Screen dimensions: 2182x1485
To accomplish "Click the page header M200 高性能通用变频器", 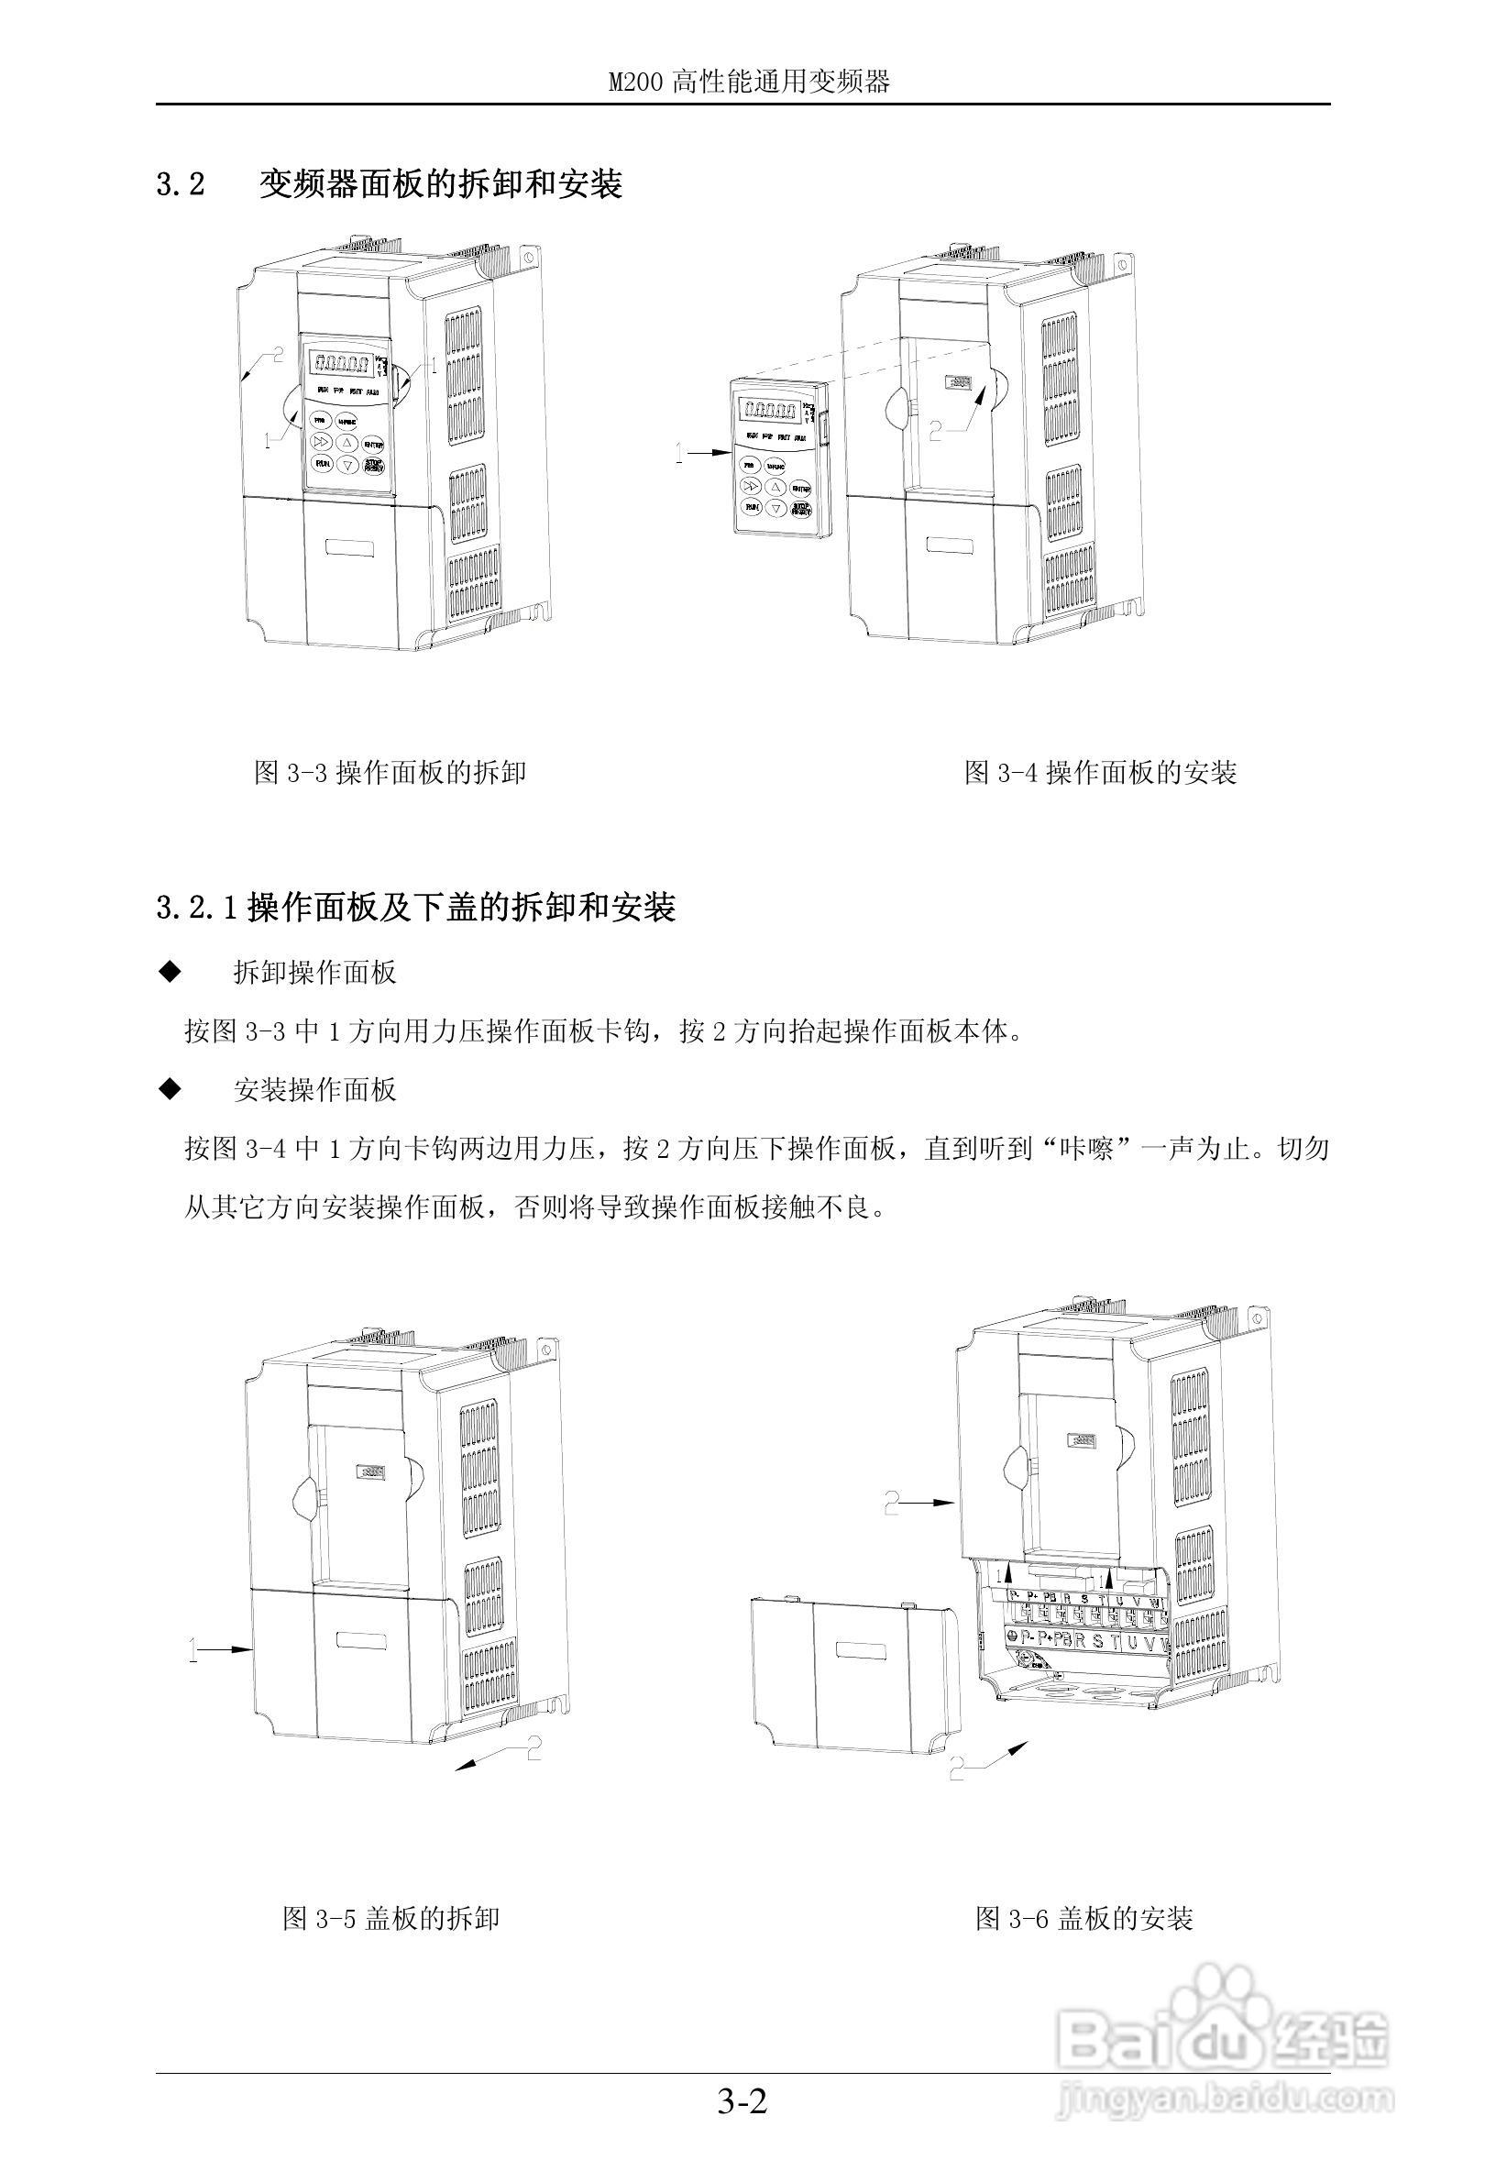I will (748, 82).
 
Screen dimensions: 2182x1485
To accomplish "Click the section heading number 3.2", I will (181, 184).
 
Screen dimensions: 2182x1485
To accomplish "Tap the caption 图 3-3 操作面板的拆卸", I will (390, 773).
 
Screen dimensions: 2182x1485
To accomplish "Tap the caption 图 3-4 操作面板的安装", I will (1100, 773).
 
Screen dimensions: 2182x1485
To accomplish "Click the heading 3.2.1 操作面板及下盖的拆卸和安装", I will (416, 908).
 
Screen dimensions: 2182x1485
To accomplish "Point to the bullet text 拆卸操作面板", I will (314, 973).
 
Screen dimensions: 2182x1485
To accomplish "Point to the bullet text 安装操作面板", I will (314, 1089).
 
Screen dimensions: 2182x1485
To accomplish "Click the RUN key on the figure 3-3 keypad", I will (322, 464).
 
